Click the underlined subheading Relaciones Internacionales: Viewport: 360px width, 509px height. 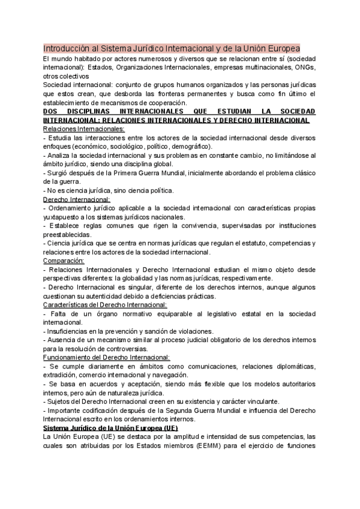point(84,129)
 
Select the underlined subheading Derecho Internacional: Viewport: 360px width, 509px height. point(77,199)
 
